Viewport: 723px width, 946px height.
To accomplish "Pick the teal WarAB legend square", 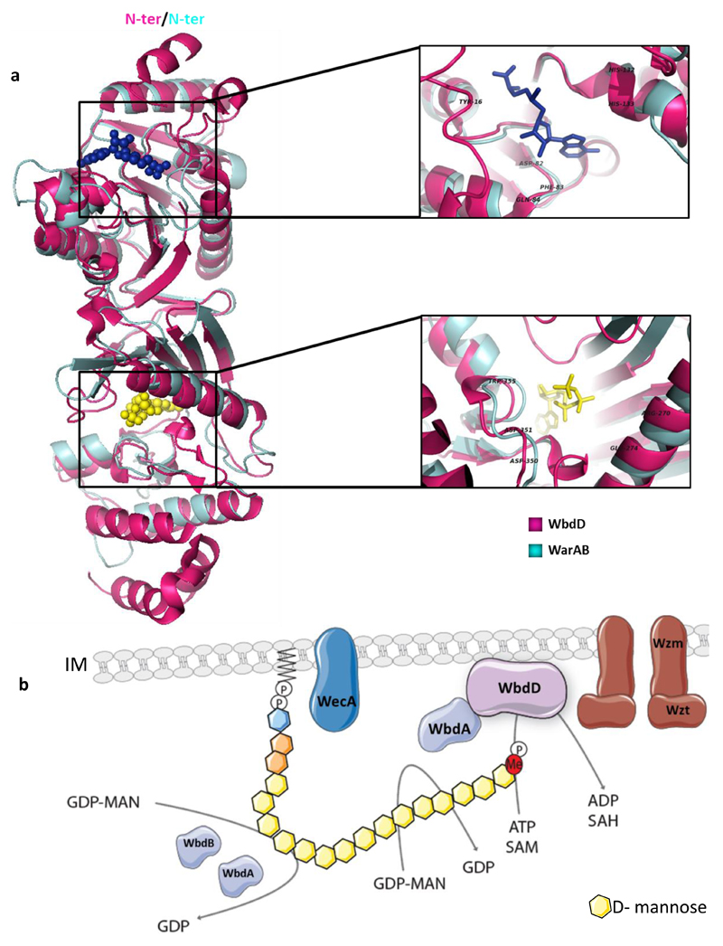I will coord(534,547).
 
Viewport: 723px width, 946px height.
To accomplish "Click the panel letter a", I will coord(14,76).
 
